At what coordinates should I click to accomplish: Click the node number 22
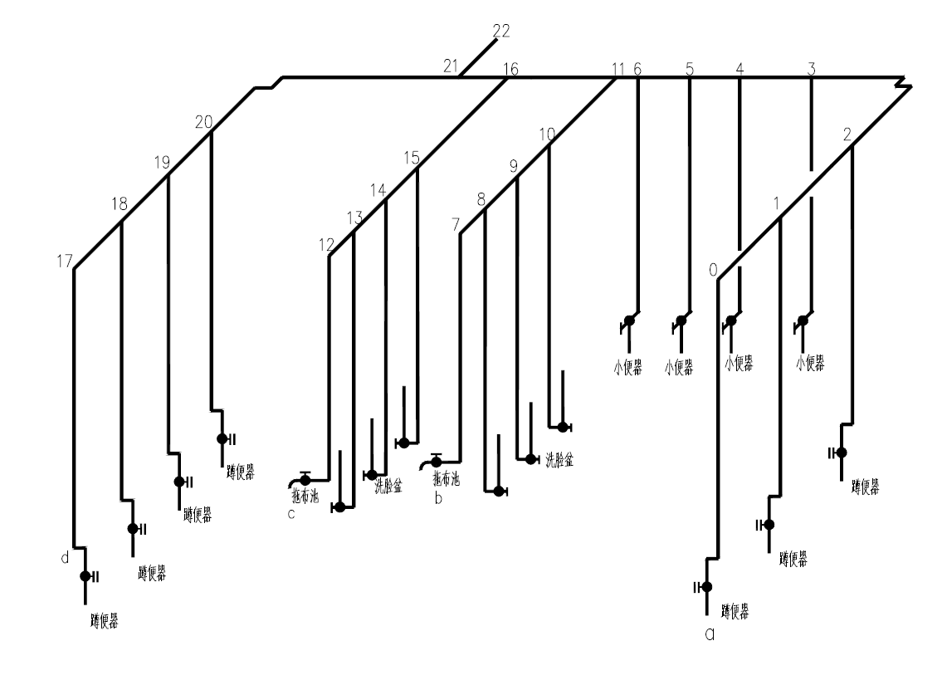point(500,32)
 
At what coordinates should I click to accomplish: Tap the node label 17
point(65,261)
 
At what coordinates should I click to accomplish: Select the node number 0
point(712,269)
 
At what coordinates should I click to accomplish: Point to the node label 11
point(617,70)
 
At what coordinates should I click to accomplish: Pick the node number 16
point(511,70)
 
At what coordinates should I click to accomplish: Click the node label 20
point(204,122)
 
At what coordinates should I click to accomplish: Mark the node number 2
point(847,135)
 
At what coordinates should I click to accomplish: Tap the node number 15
point(412,158)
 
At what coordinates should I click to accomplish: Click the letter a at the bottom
point(709,635)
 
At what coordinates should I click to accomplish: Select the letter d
point(65,558)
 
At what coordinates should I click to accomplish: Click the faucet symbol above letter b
point(433,461)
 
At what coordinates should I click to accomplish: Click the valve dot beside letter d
point(85,576)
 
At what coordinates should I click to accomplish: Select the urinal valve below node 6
point(630,320)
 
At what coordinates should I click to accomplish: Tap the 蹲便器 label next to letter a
point(735,612)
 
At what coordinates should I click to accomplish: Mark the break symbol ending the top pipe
point(904,82)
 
